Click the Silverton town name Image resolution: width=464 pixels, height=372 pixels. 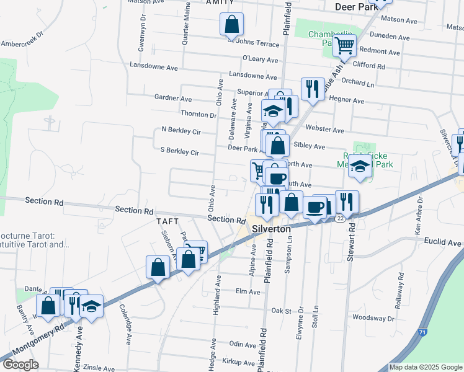point(272,229)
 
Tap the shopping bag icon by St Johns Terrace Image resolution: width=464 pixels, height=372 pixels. point(231,25)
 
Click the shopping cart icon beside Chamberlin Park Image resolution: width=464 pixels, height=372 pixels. point(344,45)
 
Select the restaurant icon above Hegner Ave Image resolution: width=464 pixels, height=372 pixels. point(312,89)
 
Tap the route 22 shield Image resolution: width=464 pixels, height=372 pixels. point(339,218)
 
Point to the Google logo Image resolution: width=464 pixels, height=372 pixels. point(20,365)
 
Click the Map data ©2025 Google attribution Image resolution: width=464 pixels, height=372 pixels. point(426,367)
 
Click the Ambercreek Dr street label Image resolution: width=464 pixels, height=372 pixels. point(23,40)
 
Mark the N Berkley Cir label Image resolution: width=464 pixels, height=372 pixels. point(181,131)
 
